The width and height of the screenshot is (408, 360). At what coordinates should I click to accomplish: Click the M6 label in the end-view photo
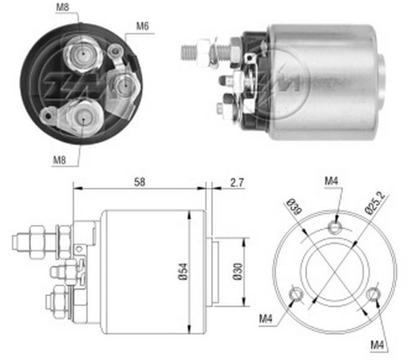[142, 26]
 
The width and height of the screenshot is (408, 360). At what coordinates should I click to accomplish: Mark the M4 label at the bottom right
[378, 344]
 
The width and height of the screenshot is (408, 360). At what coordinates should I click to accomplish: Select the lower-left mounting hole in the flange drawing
[296, 294]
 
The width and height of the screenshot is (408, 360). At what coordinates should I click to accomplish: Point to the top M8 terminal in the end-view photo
[80, 53]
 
